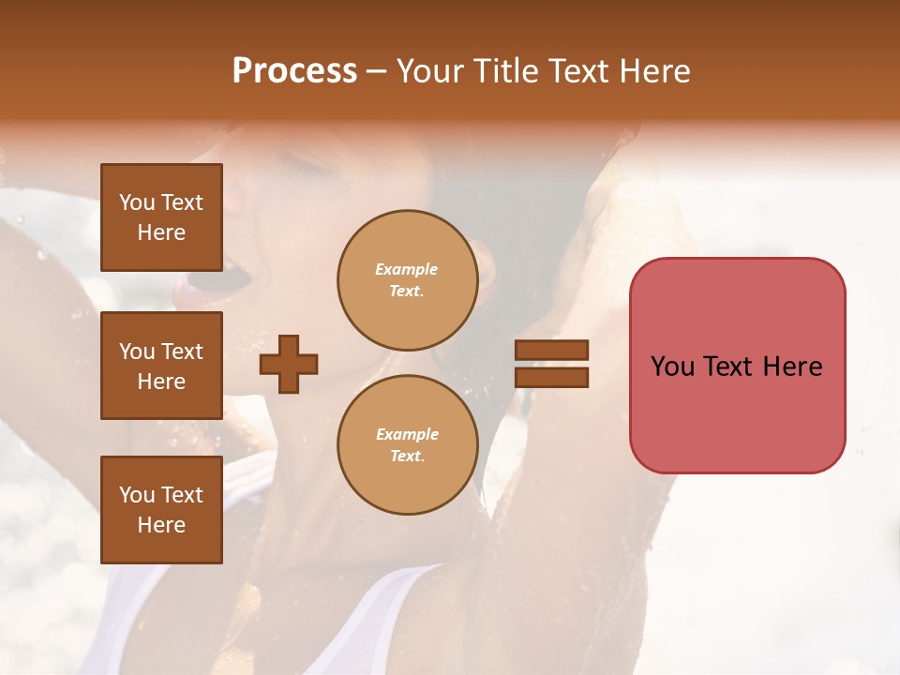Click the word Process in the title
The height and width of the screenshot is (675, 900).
[x=294, y=71]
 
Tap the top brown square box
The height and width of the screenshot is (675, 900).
[x=161, y=217]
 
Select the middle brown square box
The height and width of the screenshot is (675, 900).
[x=161, y=366]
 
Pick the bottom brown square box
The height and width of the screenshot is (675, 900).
[x=161, y=509]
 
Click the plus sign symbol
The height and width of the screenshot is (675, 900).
[x=289, y=364]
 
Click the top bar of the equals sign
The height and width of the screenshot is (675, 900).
[x=551, y=350]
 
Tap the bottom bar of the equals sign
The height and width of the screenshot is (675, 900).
[x=551, y=377]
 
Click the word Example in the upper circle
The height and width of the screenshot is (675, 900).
[x=406, y=269]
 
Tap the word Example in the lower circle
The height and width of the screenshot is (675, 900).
[x=406, y=434]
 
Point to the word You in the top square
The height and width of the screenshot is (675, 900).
[x=137, y=202]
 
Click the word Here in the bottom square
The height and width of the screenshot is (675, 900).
[x=161, y=525]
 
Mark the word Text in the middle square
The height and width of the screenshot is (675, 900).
[x=181, y=352]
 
